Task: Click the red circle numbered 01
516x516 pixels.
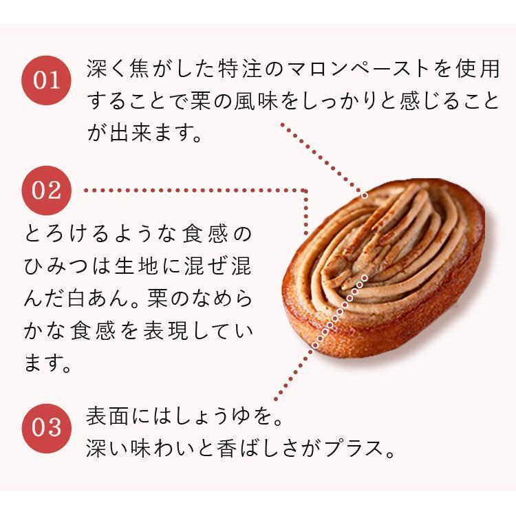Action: tap(47, 79)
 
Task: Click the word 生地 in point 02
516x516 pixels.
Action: tap(171, 266)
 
